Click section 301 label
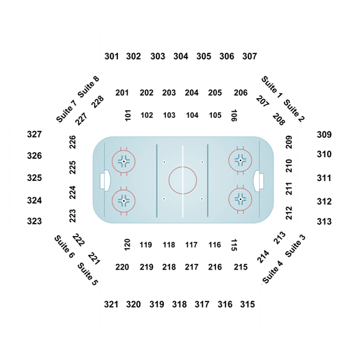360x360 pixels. click(x=112, y=56)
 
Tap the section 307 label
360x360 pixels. click(x=250, y=56)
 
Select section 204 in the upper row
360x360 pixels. click(x=192, y=93)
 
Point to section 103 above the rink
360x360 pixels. click(x=169, y=115)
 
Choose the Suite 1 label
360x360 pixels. click(x=272, y=87)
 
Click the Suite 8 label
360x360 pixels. click(x=88, y=86)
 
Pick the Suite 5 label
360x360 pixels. click(x=88, y=274)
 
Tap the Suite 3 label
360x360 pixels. click(x=296, y=245)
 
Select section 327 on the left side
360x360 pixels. click(x=34, y=134)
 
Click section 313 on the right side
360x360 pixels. click(x=324, y=221)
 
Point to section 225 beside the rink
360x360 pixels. click(x=73, y=167)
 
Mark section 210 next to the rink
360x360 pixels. click(x=289, y=166)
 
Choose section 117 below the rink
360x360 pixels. click(x=191, y=245)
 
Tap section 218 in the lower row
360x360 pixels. click(x=169, y=267)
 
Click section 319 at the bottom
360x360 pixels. click(x=157, y=304)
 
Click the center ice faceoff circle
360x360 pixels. click(x=183, y=167)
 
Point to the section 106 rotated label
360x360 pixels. click(x=234, y=115)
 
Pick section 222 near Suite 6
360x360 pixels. click(x=79, y=240)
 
